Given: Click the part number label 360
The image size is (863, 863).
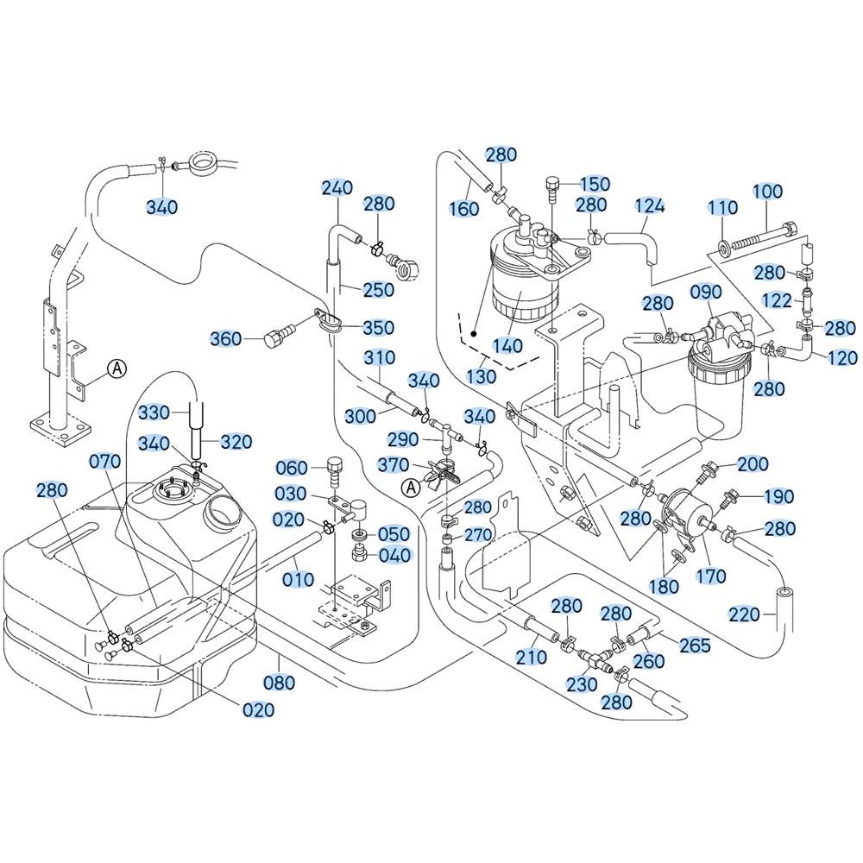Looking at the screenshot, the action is coord(226,338).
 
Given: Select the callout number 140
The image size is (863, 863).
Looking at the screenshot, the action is coord(507,345).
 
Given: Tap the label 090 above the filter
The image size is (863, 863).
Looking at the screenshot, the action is coord(706,292).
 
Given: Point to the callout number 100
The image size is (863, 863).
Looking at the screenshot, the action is coord(767,192).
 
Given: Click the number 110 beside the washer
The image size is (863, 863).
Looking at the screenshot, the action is coord(722,207).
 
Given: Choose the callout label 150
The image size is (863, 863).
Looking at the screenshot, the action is coord(595,184).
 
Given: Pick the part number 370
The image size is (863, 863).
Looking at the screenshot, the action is coord(393,465).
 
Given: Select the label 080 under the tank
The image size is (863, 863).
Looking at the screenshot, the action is coord(280,683).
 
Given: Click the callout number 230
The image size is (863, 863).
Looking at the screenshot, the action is coord(581,684).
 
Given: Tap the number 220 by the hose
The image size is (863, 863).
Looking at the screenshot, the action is coord(744,614).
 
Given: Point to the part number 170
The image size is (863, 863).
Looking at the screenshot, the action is coord(710,576).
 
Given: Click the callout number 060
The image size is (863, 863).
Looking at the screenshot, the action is coord(292,468).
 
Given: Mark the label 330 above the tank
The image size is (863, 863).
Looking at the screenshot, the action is coord(154,413).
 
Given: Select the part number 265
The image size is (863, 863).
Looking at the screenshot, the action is coord(695,645).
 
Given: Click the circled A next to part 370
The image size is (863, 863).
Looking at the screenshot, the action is coord(409,487).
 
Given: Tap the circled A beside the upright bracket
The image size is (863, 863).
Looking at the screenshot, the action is coord(117,369).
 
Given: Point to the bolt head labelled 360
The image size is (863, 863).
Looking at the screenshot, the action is coord(272,338).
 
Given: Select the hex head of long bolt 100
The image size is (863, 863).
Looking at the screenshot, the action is coord(789,229).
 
